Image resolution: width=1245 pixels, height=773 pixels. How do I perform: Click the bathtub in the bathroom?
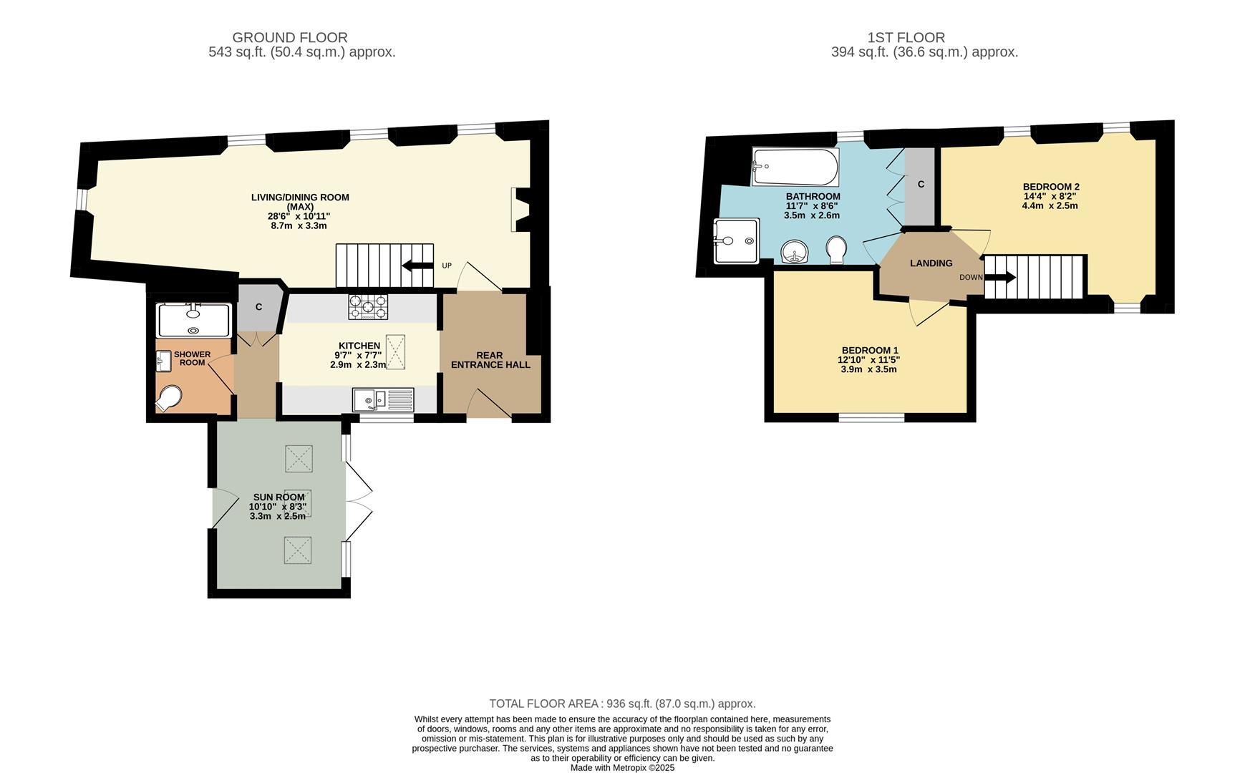click(795, 167)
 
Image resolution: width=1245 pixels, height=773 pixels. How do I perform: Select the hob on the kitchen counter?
click(368, 306)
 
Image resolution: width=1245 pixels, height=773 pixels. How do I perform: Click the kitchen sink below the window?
click(382, 399)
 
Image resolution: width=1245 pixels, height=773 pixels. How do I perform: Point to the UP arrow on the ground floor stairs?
click(417, 266)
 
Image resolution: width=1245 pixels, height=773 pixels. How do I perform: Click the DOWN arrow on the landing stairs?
click(1000, 277)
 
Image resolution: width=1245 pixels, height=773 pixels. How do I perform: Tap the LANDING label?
click(931, 263)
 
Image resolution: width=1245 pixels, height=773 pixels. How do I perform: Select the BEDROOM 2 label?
click(1050, 187)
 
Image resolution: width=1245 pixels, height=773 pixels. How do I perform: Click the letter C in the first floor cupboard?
click(921, 185)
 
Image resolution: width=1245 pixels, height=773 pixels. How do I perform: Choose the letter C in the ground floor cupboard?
click(258, 307)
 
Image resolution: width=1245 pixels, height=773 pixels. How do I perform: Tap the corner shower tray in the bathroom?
click(736, 241)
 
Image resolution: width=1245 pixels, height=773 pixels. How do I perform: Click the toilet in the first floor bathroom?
click(835, 251)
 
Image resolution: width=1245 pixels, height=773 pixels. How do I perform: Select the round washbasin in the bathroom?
click(794, 252)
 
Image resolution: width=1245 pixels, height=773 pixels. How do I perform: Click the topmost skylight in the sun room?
click(299, 459)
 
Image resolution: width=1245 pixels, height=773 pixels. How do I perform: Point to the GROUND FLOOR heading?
click(290, 37)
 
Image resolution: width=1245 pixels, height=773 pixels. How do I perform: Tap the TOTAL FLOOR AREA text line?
click(622, 704)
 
